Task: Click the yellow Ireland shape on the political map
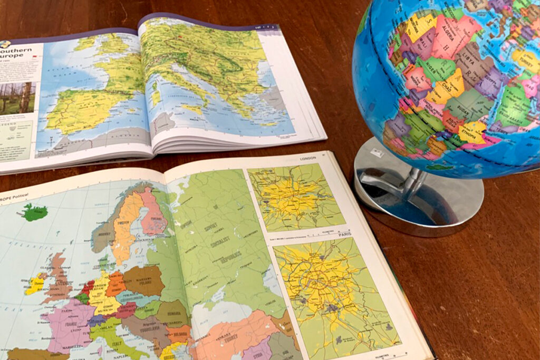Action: coord(35,285)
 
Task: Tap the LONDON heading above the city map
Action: coord(308,158)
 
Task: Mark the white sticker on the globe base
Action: coord(378,153)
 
